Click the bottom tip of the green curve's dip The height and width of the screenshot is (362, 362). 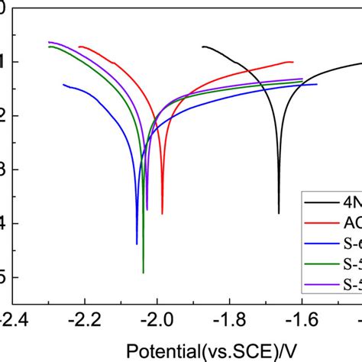(x=144, y=272)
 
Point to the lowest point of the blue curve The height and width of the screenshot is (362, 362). (x=137, y=244)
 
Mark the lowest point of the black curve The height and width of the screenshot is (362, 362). (x=279, y=213)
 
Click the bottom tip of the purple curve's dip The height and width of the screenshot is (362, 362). (x=147, y=209)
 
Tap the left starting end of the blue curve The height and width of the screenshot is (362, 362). (x=63, y=84)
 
